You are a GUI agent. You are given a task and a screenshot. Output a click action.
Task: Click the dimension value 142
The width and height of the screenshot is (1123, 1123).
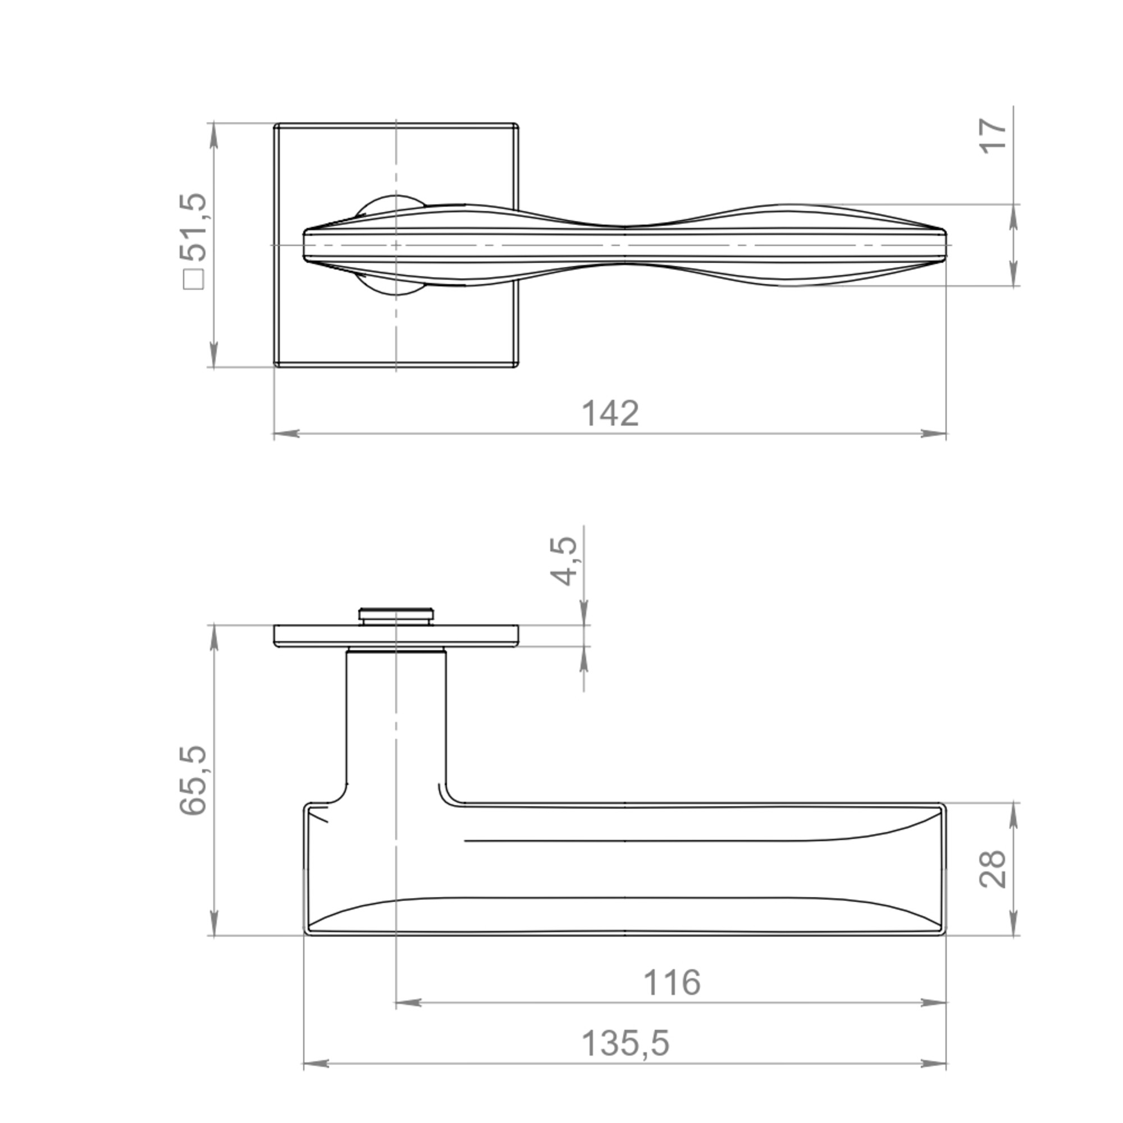click(610, 414)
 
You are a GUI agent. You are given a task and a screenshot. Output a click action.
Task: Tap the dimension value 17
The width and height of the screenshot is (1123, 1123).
click(993, 136)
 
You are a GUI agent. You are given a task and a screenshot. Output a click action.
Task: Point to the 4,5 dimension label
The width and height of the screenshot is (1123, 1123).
click(564, 561)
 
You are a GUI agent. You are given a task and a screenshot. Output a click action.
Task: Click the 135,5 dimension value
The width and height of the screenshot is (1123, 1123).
click(626, 1043)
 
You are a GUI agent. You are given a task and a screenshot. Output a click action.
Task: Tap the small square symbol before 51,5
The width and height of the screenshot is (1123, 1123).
click(194, 280)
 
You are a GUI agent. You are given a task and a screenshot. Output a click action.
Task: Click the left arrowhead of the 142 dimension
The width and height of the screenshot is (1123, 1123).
click(286, 433)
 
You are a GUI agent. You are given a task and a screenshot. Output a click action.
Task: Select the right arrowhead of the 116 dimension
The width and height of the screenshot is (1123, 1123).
click(934, 1003)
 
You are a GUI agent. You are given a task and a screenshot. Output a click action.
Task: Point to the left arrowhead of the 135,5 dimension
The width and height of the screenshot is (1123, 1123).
click(316, 1063)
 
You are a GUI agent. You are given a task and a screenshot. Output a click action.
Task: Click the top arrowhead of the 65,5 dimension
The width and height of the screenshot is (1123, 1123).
click(214, 638)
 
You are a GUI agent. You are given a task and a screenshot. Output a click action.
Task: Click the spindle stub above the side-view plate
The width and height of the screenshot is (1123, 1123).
click(396, 616)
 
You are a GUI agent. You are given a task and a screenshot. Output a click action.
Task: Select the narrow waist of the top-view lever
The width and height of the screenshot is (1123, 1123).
click(625, 244)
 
